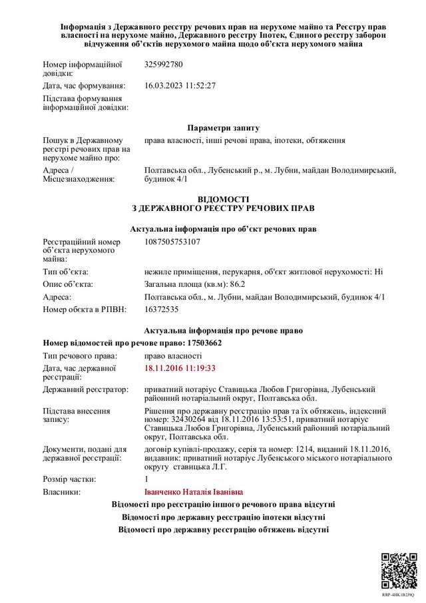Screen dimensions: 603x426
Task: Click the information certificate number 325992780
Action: tap(163, 65)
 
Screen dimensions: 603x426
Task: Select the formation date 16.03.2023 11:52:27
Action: tap(180, 86)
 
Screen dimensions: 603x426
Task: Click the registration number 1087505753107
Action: tap(172, 242)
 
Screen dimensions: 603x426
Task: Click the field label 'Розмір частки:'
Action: tap(69, 479)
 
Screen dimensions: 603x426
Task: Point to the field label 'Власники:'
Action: tap(62, 493)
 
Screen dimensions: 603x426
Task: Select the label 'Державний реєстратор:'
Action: tap(85, 388)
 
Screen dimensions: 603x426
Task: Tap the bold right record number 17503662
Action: tap(199, 343)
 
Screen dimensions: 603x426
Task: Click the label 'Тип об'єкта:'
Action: tap(65, 272)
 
